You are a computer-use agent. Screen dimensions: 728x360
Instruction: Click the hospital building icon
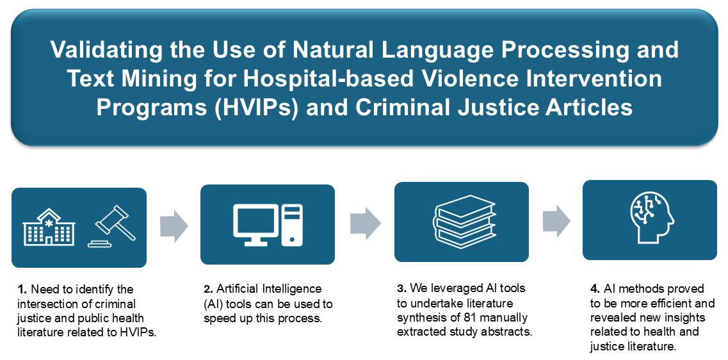(x=49, y=227)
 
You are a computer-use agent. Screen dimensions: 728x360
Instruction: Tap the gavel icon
(x=111, y=226)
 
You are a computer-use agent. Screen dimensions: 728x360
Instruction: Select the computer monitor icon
(x=255, y=225)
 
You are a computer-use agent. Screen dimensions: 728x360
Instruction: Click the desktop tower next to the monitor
(x=292, y=225)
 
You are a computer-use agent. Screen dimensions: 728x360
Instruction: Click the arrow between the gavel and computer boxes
(x=174, y=226)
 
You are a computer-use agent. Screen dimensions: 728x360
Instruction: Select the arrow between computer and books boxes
(x=365, y=223)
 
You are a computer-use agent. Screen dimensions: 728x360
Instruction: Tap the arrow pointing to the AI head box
(x=556, y=220)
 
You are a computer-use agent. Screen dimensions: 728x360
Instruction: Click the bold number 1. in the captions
(x=23, y=290)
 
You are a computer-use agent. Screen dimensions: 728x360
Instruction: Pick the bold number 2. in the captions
(x=209, y=289)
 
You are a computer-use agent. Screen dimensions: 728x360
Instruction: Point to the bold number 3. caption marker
(x=401, y=288)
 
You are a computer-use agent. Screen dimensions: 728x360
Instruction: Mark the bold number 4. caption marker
(x=595, y=289)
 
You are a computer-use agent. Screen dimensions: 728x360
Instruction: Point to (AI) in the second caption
(x=213, y=304)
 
